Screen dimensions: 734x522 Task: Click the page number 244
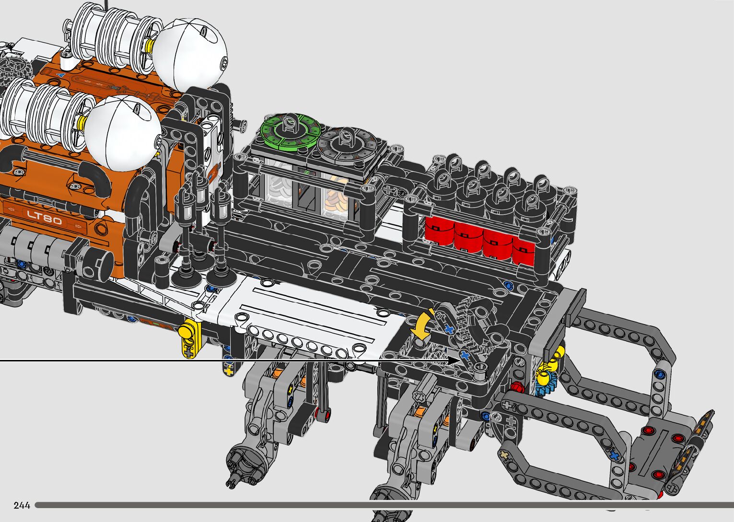(22, 505)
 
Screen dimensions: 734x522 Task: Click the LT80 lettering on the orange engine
(44, 217)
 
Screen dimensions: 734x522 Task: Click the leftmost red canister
(439, 231)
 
